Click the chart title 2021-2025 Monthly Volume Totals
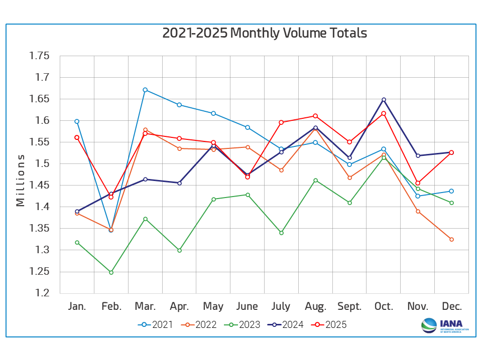pyautogui.click(x=265, y=33)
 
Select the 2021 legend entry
pyautogui.click(x=155, y=324)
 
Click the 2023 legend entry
pyautogui.click(x=243, y=324)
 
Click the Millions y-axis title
pyautogui.click(x=20, y=180)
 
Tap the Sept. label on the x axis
pyautogui.click(x=349, y=306)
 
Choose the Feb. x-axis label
pyautogui.click(x=111, y=306)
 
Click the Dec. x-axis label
pyautogui.click(x=451, y=306)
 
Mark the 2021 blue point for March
pyautogui.click(x=145, y=90)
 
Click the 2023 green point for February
pyautogui.click(x=111, y=272)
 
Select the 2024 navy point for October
pyautogui.click(x=384, y=99)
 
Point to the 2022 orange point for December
pyautogui.click(x=451, y=239)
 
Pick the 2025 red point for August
pyautogui.click(x=315, y=116)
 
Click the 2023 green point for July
pyautogui.click(x=281, y=233)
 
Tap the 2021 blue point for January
pyautogui.click(x=77, y=121)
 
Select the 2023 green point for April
pyautogui.click(x=179, y=250)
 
